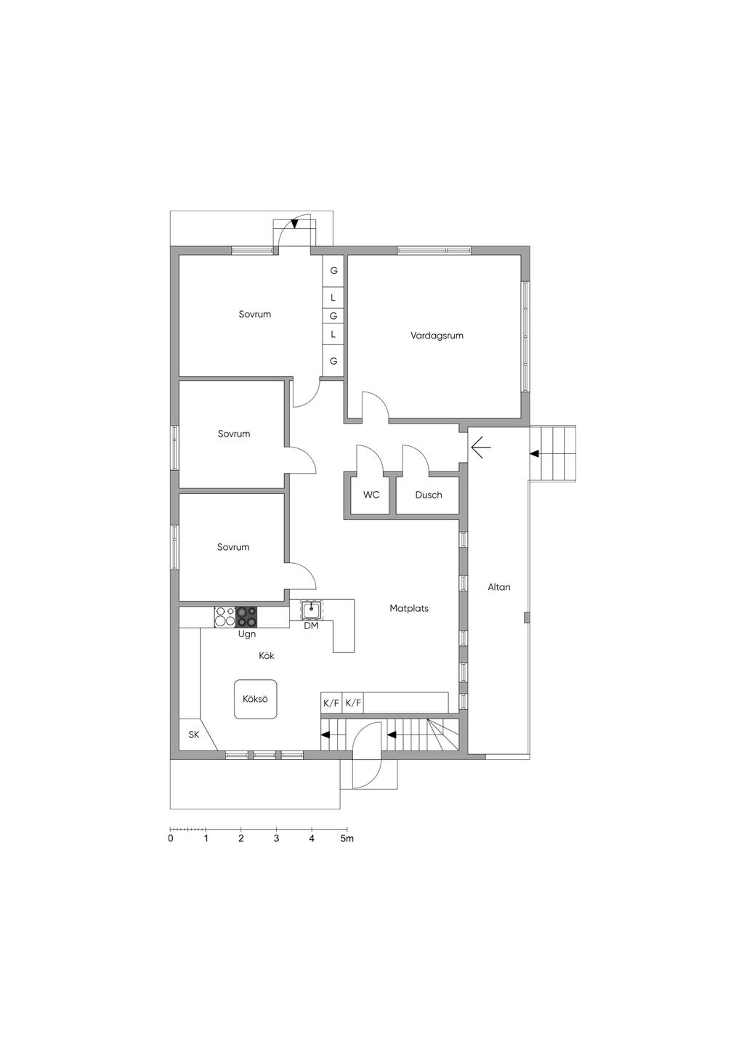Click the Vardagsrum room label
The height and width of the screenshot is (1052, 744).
tap(437, 336)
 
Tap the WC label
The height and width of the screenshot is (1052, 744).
tap(371, 495)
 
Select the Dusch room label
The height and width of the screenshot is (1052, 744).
tap(429, 495)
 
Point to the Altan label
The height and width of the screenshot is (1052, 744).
tap(498, 587)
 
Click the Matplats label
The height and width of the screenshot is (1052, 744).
tap(409, 608)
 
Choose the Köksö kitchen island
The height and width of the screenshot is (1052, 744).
tap(255, 700)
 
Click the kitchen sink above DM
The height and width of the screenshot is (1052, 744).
tap(312, 610)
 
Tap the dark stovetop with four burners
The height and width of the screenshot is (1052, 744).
tap(246, 617)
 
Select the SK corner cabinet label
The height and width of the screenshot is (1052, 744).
tap(194, 735)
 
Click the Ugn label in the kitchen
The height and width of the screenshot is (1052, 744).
tap(247, 634)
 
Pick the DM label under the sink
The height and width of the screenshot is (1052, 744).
tap(311, 626)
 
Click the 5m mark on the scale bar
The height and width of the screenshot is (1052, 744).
tap(347, 838)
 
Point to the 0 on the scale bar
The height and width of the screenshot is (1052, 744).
tap(171, 838)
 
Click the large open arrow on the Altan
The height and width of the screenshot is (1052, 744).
tap(481, 448)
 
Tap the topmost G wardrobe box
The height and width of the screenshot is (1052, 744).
tap(333, 270)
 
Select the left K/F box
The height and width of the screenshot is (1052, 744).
tap(331, 703)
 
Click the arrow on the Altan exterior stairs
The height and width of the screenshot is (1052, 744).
tap(535, 453)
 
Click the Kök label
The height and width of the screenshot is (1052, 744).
tap(267, 655)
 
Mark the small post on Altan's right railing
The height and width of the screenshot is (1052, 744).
tap(527, 618)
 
